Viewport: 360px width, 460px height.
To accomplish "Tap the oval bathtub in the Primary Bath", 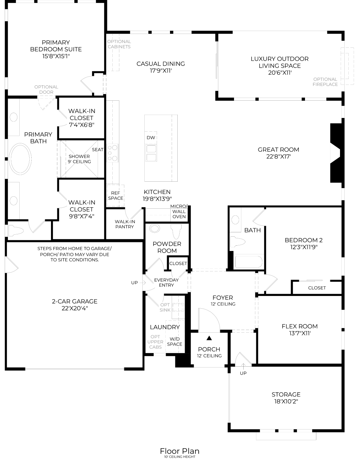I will [20, 159].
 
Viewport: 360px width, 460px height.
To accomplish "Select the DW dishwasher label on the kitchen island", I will [151, 138].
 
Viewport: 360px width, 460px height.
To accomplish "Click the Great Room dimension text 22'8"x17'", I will [278, 156].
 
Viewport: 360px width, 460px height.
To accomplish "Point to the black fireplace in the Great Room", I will [336, 153].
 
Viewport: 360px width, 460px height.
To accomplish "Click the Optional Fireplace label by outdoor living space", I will [325, 82].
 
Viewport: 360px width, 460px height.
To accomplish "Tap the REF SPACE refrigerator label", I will [115, 196].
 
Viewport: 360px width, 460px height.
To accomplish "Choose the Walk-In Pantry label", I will [124, 224].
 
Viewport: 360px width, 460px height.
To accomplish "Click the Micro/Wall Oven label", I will [179, 211].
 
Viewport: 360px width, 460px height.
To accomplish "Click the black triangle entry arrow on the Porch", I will [209, 338].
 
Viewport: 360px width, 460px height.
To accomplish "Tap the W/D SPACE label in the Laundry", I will [174, 341].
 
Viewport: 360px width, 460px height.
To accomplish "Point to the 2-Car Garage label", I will [75, 301].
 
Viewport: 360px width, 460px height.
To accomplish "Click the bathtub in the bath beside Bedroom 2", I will [248, 262].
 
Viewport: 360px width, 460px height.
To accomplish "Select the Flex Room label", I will [299, 326].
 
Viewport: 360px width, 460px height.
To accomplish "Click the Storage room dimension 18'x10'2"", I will [286, 401].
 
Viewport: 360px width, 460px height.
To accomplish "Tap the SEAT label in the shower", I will [97, 150].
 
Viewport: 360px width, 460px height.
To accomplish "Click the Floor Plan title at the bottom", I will [180, 451].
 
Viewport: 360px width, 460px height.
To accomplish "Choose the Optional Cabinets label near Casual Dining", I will [119, 44].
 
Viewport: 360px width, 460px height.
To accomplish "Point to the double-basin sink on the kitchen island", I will [151, 153].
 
